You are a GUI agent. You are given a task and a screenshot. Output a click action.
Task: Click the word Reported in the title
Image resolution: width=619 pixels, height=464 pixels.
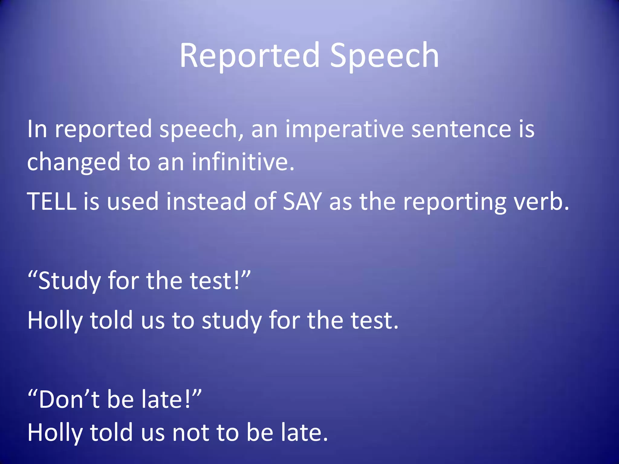tap(250, 56)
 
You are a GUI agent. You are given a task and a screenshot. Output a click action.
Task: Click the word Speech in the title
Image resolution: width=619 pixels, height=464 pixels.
tap(384, 56)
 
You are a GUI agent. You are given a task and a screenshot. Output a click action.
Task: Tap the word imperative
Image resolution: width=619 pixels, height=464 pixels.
tap(344, 129)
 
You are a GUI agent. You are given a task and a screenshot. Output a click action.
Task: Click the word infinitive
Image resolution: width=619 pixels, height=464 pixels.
tap(242, 162)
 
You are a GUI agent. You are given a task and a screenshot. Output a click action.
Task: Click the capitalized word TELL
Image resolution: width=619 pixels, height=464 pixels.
tap(52, 201)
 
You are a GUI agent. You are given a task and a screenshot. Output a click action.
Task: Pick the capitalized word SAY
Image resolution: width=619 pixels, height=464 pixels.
tap(302, 201)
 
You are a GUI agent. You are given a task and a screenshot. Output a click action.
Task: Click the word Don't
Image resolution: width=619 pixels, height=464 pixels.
tap(69, 400)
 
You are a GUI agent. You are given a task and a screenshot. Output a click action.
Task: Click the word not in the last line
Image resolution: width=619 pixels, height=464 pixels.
tap(190, 433)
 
